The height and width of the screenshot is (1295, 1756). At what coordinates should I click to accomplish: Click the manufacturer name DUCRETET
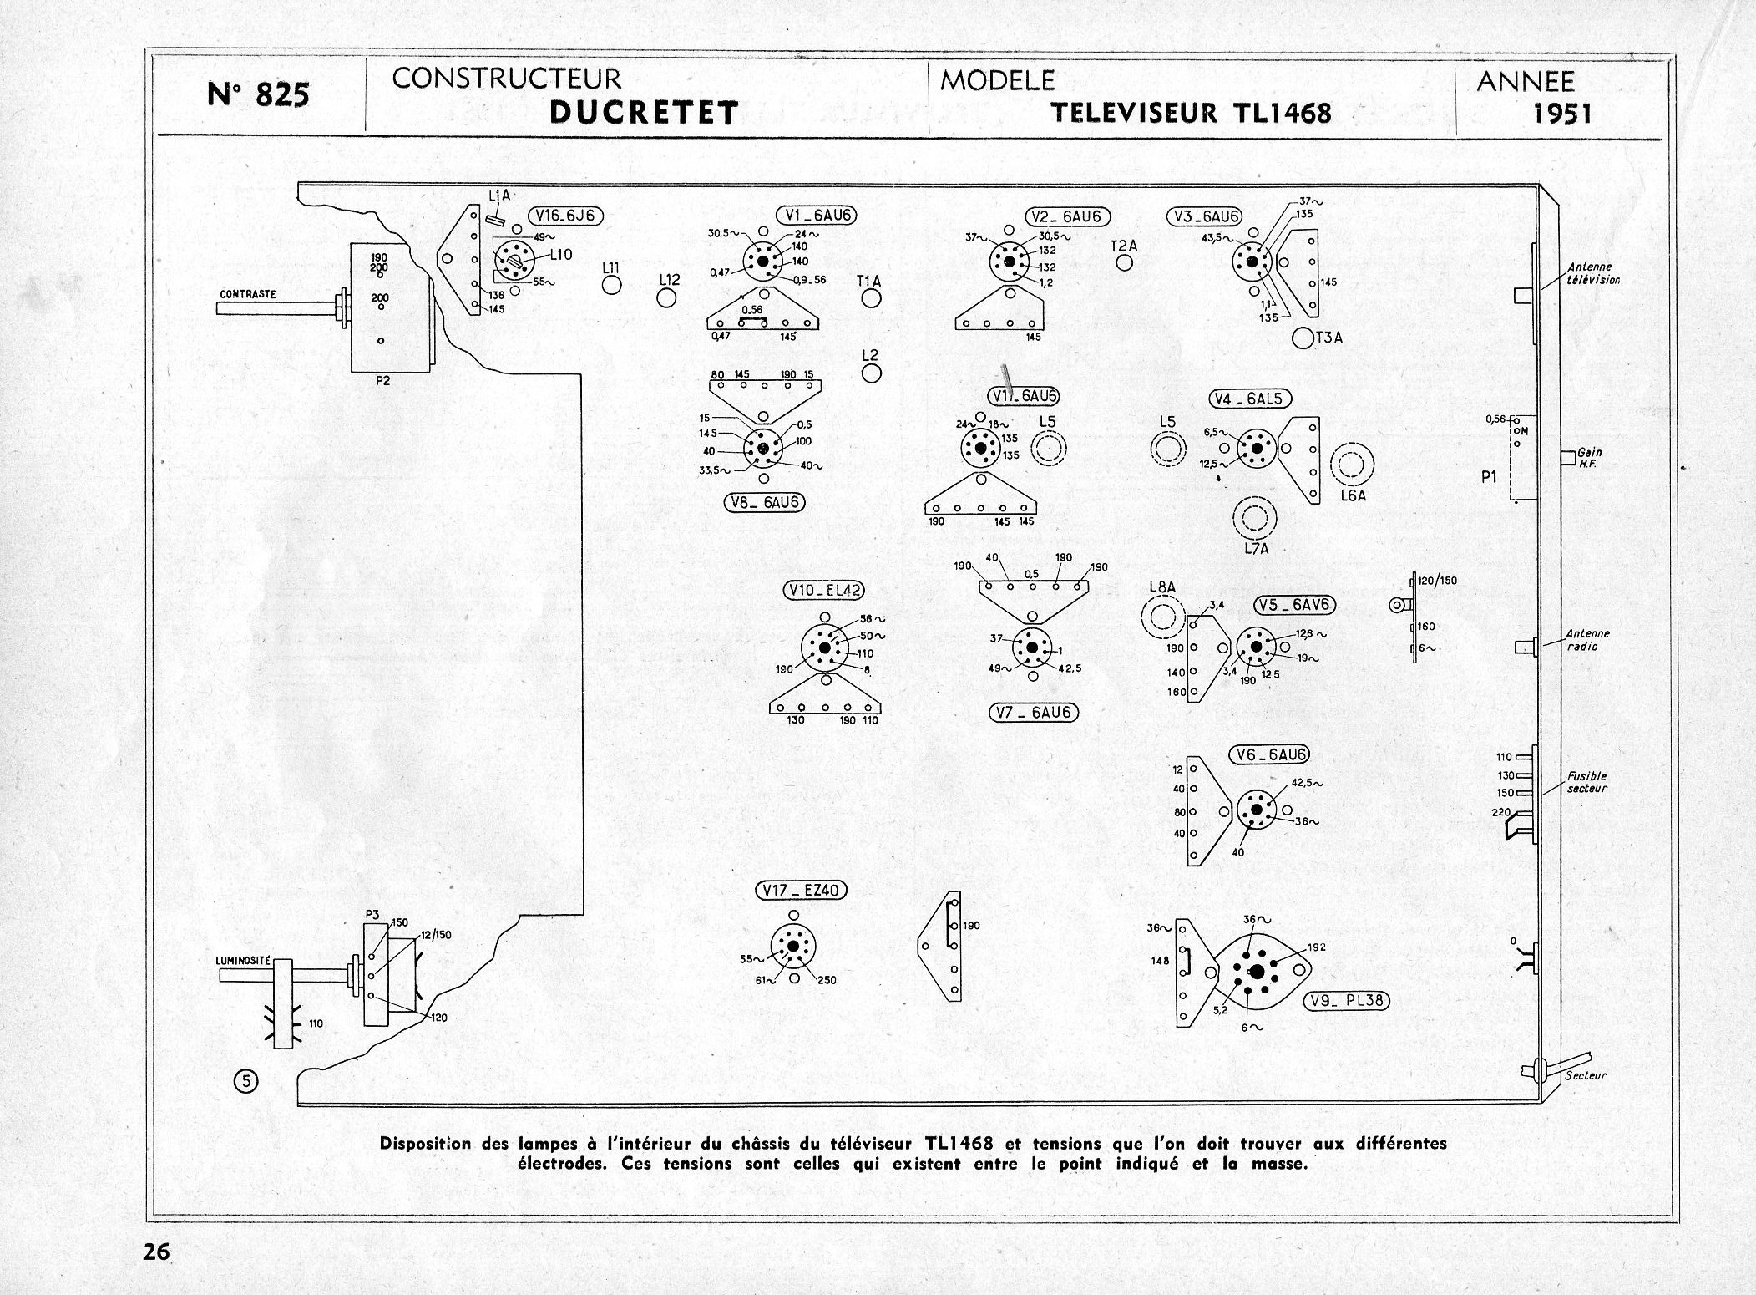coord(644,113)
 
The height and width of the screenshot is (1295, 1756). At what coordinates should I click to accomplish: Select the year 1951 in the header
coord(1562,113)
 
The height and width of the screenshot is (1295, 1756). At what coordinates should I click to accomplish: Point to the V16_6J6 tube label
coord(565,216)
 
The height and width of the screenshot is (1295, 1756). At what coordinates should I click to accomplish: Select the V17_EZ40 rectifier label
coord(801,891)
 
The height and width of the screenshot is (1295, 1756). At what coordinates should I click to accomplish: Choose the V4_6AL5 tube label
coord(1250,399)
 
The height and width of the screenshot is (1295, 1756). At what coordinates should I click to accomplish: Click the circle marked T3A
coord(1301,338)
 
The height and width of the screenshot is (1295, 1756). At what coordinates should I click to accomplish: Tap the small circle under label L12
coord(666,299)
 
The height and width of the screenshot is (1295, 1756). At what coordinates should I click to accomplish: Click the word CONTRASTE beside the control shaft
coord(248,294)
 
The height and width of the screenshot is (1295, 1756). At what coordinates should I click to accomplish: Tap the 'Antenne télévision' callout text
coord(1594,274)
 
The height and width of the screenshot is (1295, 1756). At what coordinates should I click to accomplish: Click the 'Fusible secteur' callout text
coord(1586,781)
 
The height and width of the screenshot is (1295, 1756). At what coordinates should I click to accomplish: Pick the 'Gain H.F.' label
coord(1589,457)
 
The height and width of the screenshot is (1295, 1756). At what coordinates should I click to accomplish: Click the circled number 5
coord(246,1082)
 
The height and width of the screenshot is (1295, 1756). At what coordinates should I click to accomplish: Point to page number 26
coord(156,1251)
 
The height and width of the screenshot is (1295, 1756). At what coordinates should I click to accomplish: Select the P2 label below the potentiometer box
coord(383,381)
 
